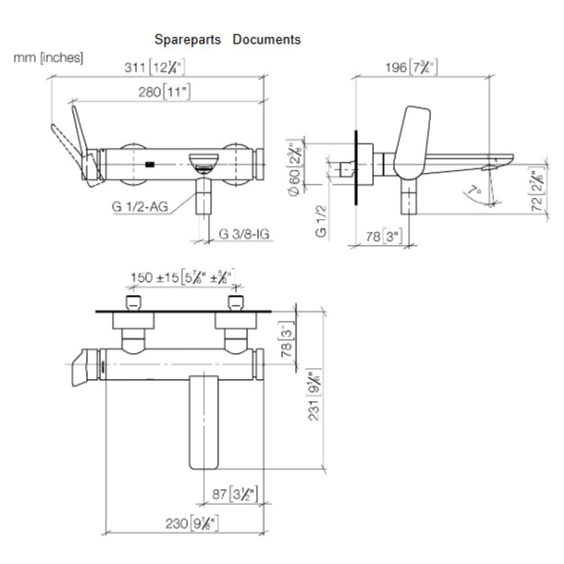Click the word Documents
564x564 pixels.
[267, 39]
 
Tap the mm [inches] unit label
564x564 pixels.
[48, 58]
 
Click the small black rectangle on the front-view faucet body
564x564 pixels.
[151, 166]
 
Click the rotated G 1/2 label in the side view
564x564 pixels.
[321, 220]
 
